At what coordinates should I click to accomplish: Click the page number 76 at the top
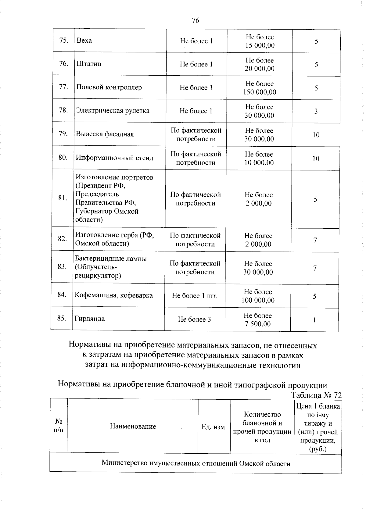pos(196,20)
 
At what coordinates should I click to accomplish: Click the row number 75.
pos(63,41)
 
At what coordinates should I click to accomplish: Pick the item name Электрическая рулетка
pos(113,111)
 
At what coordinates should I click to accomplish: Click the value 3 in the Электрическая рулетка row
pos(316,111)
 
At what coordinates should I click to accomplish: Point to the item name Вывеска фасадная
pos(105,134)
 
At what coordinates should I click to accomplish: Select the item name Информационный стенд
pos(114,158)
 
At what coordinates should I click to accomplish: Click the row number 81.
pos(63,198)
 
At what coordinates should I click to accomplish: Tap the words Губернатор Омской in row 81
pos(107,211)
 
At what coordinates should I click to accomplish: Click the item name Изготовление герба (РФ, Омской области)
pos(114,239)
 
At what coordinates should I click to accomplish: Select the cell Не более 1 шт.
pos(195,296)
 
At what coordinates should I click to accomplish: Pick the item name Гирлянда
pos(90,319)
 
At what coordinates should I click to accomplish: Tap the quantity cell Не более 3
pos(194,319)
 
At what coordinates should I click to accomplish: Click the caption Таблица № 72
pos(316,395)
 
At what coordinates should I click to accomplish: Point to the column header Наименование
pos(133,427)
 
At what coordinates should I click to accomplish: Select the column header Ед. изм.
pos(214,427)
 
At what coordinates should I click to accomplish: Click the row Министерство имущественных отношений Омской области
pos(196,464)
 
